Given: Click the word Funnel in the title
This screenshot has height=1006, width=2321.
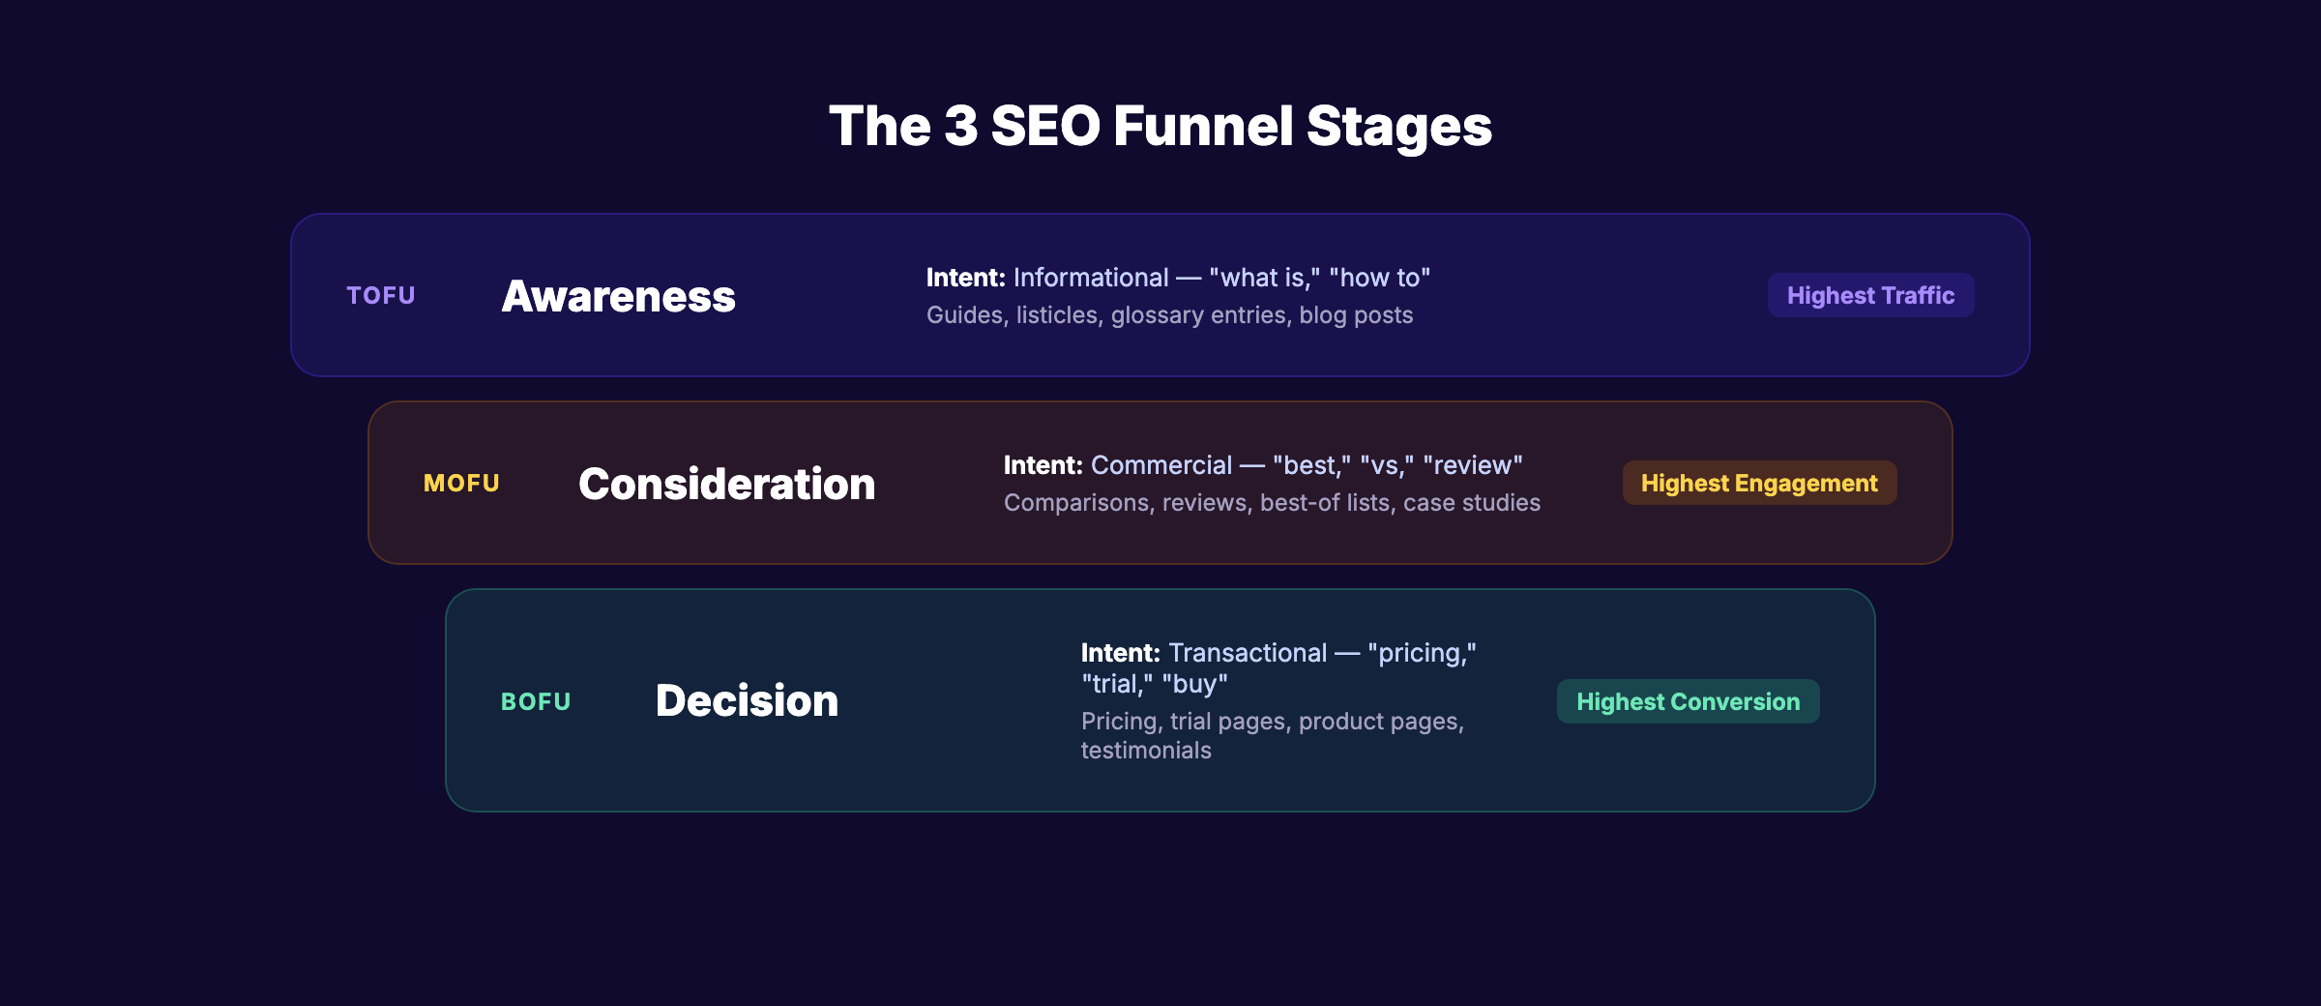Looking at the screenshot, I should [1203, 127].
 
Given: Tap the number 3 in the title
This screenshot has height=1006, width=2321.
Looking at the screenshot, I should [960, 127].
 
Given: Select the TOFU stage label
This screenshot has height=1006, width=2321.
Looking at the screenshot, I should [381, 296].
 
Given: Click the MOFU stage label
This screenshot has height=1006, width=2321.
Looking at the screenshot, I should [461, 484].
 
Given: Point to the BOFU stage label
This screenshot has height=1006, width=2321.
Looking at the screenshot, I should [536, 702].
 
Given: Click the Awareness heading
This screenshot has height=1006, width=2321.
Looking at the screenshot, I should [618, 297].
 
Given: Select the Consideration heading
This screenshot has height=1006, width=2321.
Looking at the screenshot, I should [726, 485].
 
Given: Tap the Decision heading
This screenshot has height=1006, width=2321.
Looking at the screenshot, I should [747, 701].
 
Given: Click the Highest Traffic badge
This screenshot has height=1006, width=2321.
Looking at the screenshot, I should [1870, 296].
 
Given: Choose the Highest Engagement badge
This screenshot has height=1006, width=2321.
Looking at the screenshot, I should [1759, 484].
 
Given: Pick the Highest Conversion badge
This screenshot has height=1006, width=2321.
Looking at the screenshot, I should [1688, 702].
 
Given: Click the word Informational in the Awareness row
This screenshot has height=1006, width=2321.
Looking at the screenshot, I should [1091, 279].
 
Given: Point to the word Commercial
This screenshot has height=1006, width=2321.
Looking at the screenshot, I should [1161, 466].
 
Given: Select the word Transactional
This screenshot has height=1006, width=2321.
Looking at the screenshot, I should [1248, 654].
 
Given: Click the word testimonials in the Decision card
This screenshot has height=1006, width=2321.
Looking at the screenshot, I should [1146, 751].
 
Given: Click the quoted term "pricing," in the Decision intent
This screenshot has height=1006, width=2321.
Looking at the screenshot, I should [1422, 654].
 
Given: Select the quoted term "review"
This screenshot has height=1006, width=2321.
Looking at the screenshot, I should [1473, 466].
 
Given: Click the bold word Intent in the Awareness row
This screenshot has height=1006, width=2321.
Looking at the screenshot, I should [965, 279].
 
